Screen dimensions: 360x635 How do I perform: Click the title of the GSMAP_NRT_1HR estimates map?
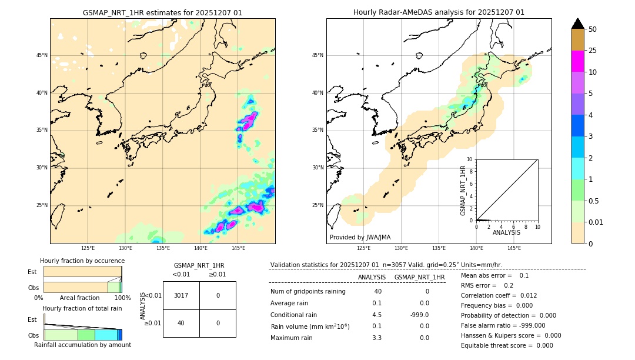pyautogui.click(x=162, y=12)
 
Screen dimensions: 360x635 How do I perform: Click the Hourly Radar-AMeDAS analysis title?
pyautogui.click(x=439, y=12)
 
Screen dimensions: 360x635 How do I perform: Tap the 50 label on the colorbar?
pyautogui.click(x=593, y=29)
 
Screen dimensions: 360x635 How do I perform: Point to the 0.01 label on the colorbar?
pyautogui.click(x=596, y=222)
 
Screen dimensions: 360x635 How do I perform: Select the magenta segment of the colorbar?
pyautogui.click(x=578, y=61)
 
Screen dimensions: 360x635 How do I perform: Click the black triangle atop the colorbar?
pyautogui.click(x=578, y=24)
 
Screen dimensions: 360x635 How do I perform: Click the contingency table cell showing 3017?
pyautogui.click(x=181, y=295)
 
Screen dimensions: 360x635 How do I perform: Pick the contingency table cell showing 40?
pyautogui.click(x=181, y=323)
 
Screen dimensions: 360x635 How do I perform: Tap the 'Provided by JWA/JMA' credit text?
pyautogui.click(x=360, y=238)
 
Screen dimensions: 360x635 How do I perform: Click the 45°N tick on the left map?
pyautogui.click(x=42, y=55)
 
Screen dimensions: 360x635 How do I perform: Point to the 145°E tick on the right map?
pyautogui.click(x=514, y=249)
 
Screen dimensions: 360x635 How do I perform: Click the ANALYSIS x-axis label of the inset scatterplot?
pyautogui.click(x=506, y=232)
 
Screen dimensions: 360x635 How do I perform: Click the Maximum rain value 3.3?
pyautogui.click(x=377, y=338)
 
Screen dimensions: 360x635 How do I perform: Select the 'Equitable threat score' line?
pyautogui.click(x=507, y=345)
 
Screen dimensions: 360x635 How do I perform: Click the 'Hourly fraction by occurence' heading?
pyautogui.click(x=82, y=261)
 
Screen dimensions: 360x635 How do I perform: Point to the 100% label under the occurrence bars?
pyautogui.click(x=122, y=298)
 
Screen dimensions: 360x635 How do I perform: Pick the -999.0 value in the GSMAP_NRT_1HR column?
pyautogui.click(x=420, y=314)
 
